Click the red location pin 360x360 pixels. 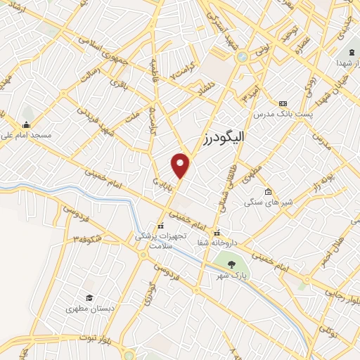(x=181, y=165)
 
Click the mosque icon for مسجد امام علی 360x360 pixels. (x=27, y=112)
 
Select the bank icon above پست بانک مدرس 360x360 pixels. (x=283, y=103)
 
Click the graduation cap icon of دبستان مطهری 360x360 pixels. (x=89, y=297)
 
